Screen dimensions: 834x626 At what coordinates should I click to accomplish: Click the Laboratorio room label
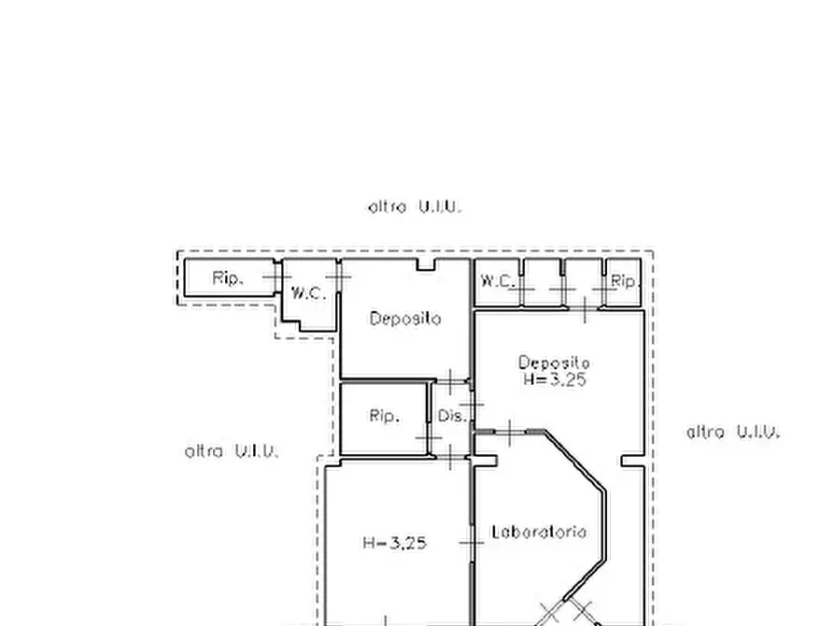pos(539,532)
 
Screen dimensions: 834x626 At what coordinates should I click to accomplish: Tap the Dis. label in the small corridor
pos(452,415)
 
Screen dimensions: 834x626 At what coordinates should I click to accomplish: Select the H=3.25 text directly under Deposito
pos(554,379)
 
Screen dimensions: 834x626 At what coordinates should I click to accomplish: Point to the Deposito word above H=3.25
pos(554,363)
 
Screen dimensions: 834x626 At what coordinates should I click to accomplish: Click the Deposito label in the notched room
pos(405,319)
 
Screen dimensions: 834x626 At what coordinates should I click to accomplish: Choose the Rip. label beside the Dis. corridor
pos(385,415)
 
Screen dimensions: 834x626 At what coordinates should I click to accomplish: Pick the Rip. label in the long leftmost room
pos(228,277)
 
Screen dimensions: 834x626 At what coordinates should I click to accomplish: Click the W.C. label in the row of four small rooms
pos(497,280)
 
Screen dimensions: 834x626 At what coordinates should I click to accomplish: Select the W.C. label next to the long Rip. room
pos(308,292)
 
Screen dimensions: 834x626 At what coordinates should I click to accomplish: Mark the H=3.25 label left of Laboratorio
pos(394,543)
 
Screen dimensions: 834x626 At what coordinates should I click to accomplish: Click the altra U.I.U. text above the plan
pos(415,206)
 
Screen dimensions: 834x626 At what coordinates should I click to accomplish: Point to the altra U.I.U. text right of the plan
pos(733,432)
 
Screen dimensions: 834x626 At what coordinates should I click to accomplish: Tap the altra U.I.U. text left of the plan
pos(232,451)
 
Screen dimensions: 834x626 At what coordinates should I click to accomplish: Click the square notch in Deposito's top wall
pos(426,264)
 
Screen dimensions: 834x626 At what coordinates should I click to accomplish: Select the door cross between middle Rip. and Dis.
pos(428,438)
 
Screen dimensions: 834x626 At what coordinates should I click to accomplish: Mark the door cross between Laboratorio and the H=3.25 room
pos(472,543)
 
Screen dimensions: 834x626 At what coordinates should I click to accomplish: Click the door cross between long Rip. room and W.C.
pos(276,277)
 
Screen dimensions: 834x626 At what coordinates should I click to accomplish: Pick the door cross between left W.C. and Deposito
pos(338,277)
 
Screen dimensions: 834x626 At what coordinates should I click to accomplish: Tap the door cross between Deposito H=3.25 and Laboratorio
pos(510,433)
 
